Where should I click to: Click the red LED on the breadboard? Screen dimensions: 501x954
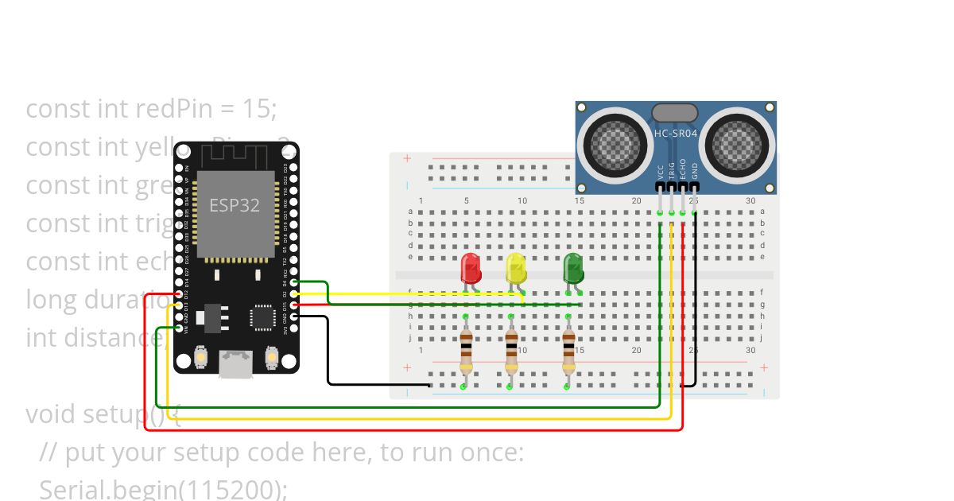[x=471, y=268]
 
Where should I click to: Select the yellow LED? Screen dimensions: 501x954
[x=516, y=268]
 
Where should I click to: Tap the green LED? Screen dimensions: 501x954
[x=573, y=268]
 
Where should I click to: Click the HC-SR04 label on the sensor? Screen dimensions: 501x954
[x=675, y=134]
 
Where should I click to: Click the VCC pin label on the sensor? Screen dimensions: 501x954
[x=661, y=172]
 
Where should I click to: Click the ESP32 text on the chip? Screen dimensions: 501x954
[x=234, y=205]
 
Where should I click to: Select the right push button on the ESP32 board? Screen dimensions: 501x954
[x=272, y=359]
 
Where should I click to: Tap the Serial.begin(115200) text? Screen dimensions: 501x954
[x=163, y=489]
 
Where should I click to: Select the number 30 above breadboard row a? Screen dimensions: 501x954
[x=750, y=200]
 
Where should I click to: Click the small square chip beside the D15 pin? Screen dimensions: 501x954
[x=262, y=317]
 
